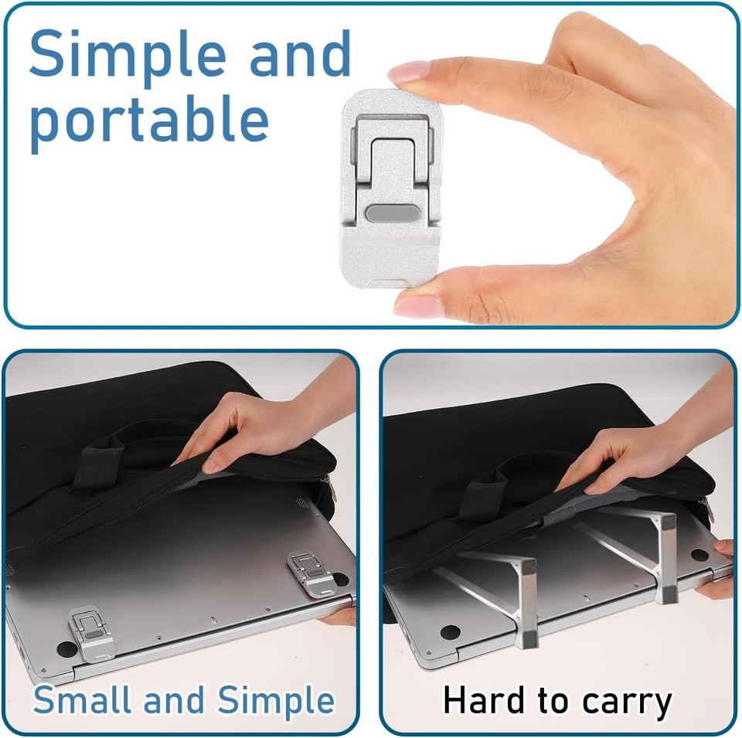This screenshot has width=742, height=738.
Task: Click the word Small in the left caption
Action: tap(82, 701)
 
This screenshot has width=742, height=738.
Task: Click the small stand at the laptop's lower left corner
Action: tap(90, 633)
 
